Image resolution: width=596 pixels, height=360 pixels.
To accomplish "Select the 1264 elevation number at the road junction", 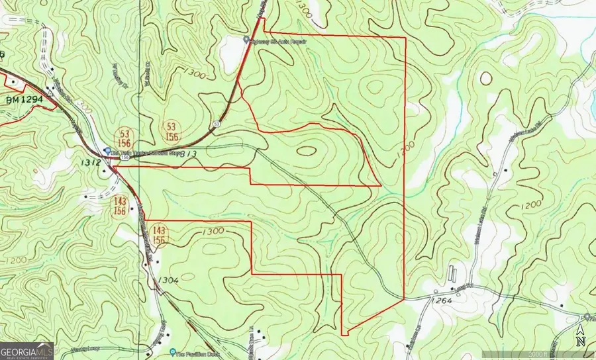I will pos(443,302).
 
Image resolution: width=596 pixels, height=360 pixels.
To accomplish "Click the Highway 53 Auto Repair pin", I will pos(246,40).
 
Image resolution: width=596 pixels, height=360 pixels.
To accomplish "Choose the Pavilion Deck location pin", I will pos(172,351).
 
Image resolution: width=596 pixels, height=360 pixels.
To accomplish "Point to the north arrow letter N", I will pos(581,341).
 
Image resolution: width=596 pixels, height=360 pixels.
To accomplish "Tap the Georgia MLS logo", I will pos(26,350).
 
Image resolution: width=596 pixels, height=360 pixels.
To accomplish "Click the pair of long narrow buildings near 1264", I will pos(454,272).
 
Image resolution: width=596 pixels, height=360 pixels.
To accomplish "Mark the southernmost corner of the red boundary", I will pos(344,334).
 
